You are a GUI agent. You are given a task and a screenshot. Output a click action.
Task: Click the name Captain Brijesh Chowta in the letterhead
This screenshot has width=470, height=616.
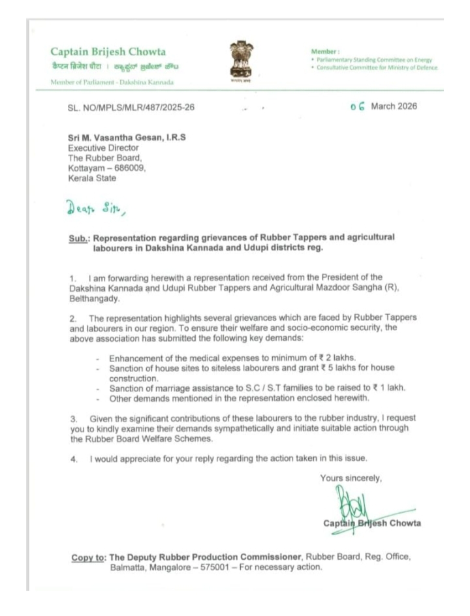coord(108,52)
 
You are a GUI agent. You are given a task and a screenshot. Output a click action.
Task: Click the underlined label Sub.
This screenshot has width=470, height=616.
coord(82,238)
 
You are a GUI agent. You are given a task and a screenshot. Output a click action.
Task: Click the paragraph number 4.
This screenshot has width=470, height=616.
coord(74,459)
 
